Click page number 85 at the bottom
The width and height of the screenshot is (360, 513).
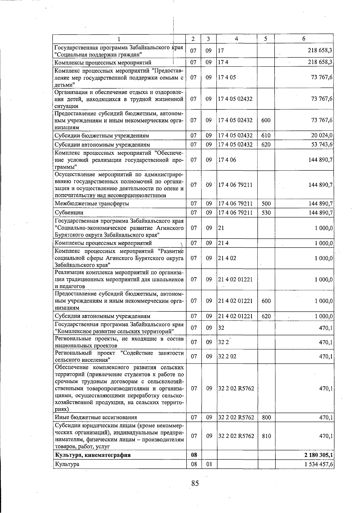(x=195, y=483)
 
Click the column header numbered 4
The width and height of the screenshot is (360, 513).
(x=237, y=39)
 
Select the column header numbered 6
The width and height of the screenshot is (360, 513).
(x=304, y=39)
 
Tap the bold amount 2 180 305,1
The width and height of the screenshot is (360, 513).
(x=318, y=455)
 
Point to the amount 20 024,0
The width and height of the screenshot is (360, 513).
(x=322, y=136)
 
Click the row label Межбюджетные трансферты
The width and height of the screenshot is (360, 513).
(x=92, y=204)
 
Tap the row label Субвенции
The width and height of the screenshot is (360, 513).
(x=69, y=213)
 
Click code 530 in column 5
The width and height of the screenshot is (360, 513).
(x=266, y=213)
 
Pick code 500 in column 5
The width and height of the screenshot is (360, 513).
(x=266, y=204)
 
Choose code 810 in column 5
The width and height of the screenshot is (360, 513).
(x=266, y=436)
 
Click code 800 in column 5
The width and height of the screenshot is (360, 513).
(x=266, y=417)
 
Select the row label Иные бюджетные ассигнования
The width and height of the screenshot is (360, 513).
(x=96, y=417)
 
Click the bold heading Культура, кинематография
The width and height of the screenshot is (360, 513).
(x=93, y=455)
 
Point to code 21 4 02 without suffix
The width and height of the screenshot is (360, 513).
(x=227, y=258)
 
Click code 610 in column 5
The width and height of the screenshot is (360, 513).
(x=266, y=136)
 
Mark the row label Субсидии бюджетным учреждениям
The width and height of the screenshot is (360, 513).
(x=102, y=136)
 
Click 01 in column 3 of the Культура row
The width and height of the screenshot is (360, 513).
(x=209, y=464)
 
